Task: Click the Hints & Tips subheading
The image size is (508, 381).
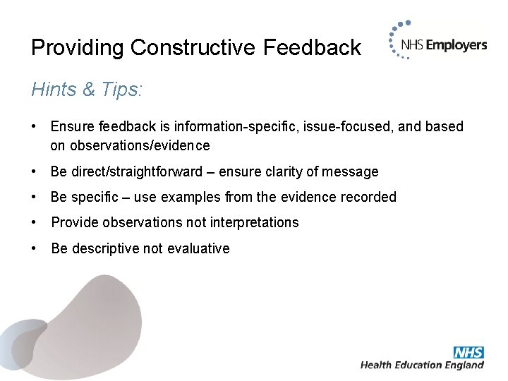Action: (x=87, y=90)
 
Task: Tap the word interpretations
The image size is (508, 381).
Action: (x=254, y=222)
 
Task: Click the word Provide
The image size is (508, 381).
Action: (x=74, y=222)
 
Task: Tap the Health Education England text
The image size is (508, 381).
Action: (x=422, y=365)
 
